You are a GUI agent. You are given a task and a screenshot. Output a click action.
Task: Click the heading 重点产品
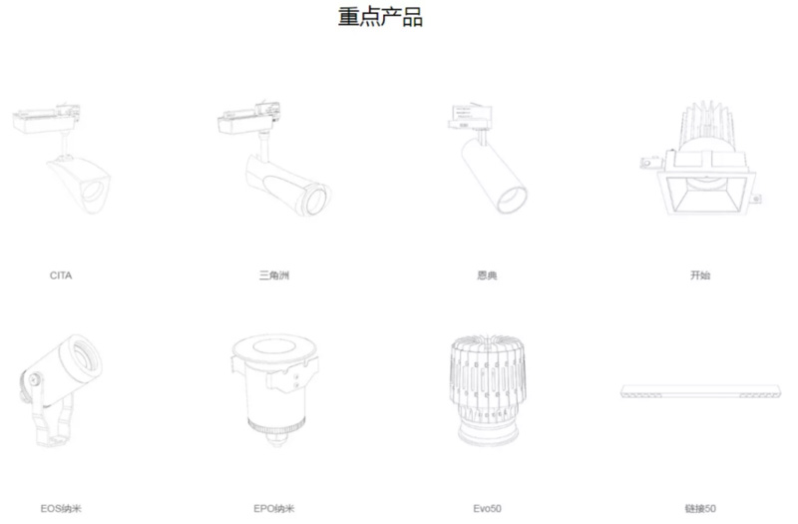pos(380,16)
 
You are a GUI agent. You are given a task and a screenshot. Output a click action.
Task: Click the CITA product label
pos(61,275)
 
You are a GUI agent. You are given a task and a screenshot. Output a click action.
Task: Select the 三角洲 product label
pos(273,275)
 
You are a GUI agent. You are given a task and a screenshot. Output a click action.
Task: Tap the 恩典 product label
pos(487,275)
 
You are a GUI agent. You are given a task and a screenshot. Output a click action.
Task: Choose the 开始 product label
pos(700,275)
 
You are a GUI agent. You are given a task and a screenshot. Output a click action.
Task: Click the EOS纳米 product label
pos(61,508)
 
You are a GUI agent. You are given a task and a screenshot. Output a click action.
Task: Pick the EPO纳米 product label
pos(273,508)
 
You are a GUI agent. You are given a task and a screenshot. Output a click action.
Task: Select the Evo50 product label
pos(487,508)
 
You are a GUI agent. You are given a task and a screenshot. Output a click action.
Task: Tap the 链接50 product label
pos(700,508)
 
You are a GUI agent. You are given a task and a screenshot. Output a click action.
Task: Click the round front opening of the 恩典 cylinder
pos(512,199)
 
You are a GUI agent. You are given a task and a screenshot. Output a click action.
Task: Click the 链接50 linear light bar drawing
pos(700,391)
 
